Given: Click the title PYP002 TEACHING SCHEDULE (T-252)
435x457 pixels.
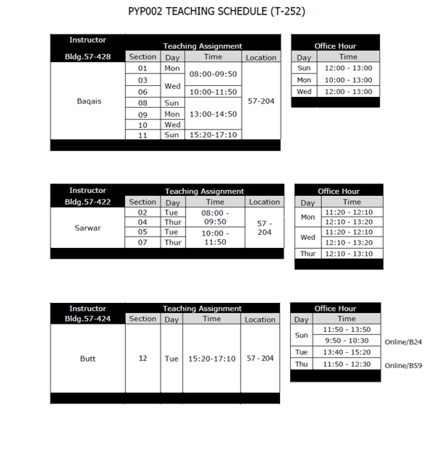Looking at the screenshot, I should point(216,12).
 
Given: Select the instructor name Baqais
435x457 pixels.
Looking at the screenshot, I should point(89,101).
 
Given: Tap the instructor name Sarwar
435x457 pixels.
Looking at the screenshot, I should point(88,228).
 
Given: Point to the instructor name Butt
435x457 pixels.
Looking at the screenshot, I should point(88,359).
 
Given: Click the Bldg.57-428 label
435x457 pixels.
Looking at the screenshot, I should point(88,56).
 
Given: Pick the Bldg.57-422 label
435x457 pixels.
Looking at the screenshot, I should point(88,202).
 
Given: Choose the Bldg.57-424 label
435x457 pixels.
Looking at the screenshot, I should point(88,318).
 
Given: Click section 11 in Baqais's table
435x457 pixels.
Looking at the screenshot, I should point(143,135).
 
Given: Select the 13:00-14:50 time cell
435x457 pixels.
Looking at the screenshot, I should point(213,114).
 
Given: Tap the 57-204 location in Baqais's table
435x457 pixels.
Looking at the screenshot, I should point(261,101).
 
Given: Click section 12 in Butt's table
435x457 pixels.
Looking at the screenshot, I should point(143,359).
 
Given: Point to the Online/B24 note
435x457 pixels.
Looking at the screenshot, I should point(403,342).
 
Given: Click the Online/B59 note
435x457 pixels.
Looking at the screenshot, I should point(403,365).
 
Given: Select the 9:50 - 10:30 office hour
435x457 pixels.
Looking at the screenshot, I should point(347,341).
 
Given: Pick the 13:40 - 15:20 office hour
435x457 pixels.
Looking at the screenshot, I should point(347,352).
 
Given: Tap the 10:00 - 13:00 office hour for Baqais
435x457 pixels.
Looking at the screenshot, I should point(348,80).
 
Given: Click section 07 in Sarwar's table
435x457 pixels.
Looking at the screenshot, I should point(143,243).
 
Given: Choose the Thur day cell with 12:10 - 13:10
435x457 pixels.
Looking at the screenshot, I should point(308,254).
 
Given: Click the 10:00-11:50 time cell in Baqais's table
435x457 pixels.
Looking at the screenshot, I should point(213,92).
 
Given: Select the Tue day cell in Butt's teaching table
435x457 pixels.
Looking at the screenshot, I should point(172,359).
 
